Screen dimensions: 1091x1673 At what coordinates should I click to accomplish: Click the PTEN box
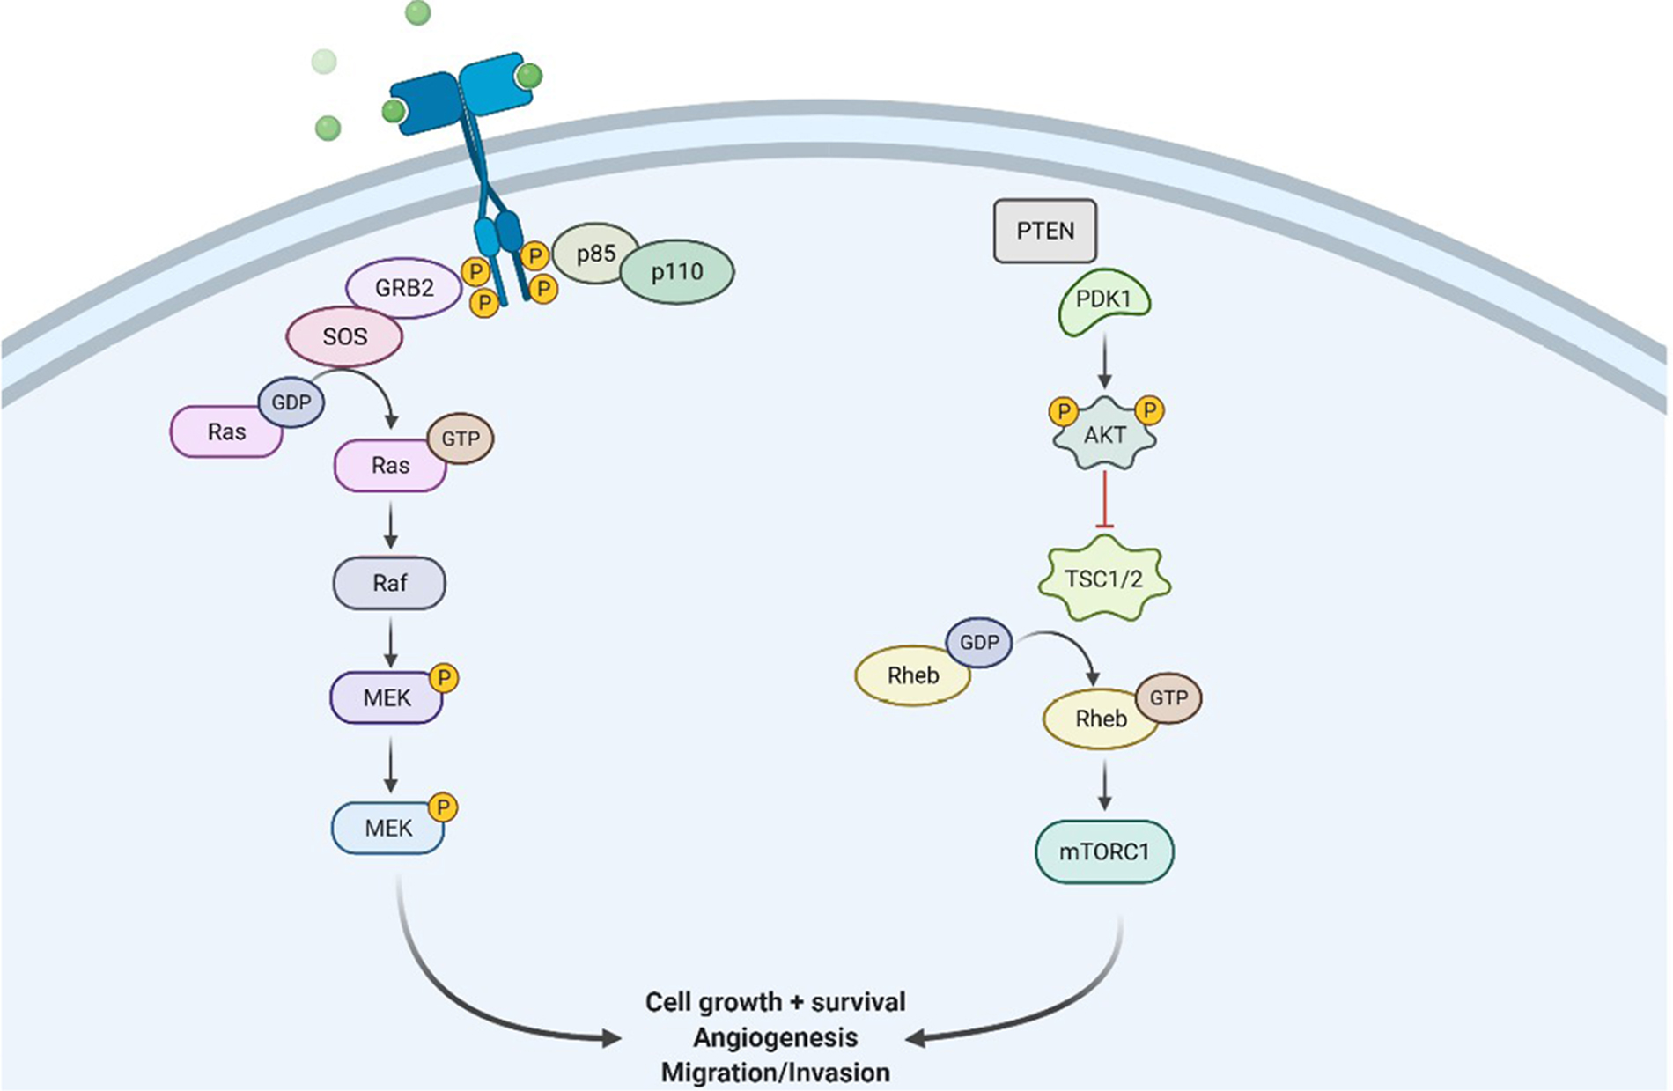click(1044, 232)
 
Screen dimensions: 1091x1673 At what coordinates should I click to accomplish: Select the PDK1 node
click(1104, 301)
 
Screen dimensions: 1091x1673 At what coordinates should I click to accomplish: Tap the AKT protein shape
click(1104, 435)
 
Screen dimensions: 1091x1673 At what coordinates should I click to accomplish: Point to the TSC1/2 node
click(1103, 579)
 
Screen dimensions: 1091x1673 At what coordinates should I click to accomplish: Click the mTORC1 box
click(1103, 851)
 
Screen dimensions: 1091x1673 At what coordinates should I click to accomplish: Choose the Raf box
click(389, 583)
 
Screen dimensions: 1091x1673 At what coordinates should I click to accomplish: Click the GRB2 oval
click(403, 289)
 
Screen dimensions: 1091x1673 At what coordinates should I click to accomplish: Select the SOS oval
click(344, 336)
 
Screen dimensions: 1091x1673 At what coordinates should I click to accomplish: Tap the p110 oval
click(677, 272)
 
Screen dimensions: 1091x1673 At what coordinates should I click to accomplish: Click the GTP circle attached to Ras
click(461, 439)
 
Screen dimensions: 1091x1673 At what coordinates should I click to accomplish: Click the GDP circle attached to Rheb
click(979, 642)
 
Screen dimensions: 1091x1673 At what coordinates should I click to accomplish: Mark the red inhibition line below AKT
click(1104, 500)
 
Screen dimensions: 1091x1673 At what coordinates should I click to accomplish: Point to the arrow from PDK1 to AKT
click(1104, 363)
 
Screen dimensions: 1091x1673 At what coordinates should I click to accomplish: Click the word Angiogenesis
click(775, 1037)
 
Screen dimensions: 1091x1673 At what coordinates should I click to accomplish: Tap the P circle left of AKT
click(1064, 411)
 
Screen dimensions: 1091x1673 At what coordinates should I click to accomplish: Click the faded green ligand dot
click(324, 62)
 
